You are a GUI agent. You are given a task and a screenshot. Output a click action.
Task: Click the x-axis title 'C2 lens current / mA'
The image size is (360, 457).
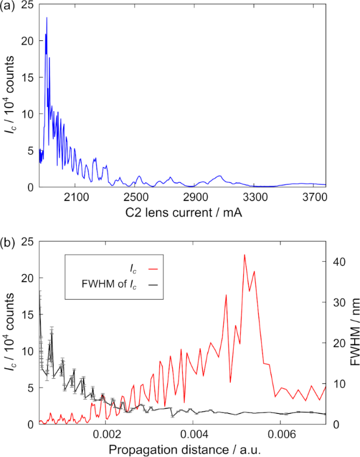[182, 213]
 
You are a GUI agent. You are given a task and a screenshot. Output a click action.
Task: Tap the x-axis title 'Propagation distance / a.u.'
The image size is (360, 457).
[182, 451]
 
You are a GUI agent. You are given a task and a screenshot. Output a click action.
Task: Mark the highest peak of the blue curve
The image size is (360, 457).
[47, 18]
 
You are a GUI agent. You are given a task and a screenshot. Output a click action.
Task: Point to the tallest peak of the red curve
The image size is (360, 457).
[244, 255]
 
